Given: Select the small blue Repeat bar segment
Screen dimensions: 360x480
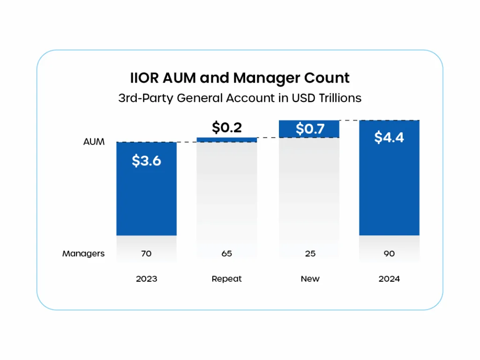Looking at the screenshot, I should click(x=227, y=140).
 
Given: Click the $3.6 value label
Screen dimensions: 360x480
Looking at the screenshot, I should click(x=146, y=161).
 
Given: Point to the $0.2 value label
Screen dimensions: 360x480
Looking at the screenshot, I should click(x=227, y=127).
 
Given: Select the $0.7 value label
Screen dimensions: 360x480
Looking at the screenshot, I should click(x=310, y=129).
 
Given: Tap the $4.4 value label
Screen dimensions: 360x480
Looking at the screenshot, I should click(x=389, y=137).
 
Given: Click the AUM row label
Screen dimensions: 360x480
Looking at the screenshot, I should click(x=94, y=142).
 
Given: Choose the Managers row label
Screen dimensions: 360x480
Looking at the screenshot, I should click(x=83, y=254).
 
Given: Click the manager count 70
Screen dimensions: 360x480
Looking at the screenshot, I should click(x=146, y=254).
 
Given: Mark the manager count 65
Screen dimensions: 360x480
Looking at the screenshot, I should click(x=227, y=254).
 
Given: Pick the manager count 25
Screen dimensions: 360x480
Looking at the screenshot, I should click(x=310, y=254).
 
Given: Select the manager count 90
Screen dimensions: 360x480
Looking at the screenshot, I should click(x=389, y=254).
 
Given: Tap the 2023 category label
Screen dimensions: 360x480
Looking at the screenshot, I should click(x=146, y=279).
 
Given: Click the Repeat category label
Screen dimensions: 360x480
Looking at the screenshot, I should click(x=227, y=279).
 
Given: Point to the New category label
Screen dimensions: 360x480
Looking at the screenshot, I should click(x=310, y=279).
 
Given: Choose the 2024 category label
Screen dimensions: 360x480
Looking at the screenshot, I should click(x=389, y=279).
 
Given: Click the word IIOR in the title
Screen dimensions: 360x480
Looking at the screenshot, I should click(x=144, y=78).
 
